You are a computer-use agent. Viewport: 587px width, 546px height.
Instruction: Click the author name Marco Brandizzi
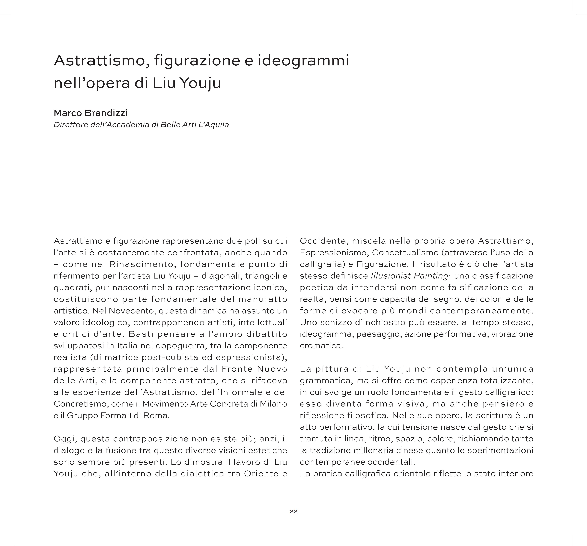tap(91, 113)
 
